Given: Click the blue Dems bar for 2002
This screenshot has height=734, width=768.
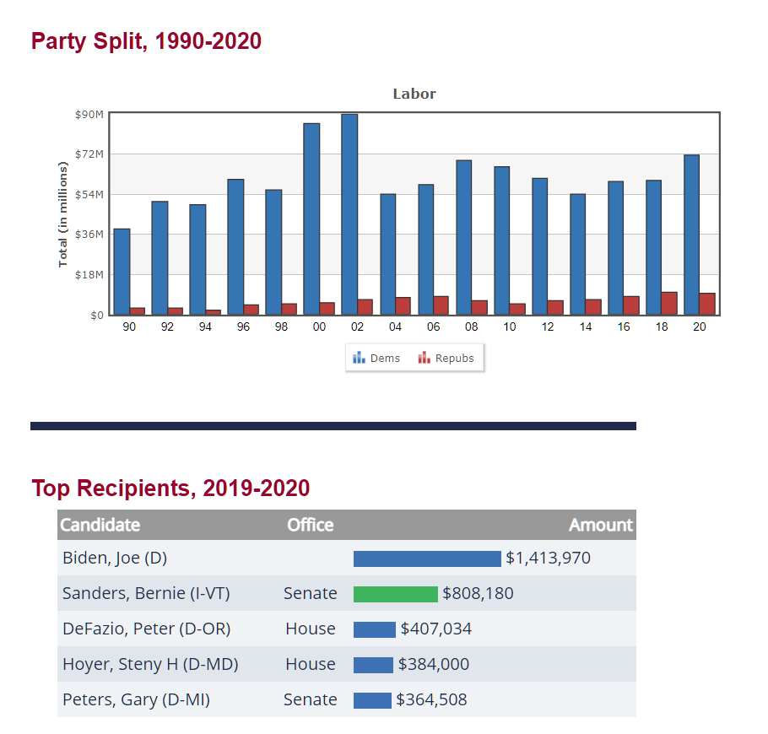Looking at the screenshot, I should pos(349,214).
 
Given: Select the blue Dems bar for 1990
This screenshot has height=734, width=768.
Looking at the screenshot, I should pos(122,272).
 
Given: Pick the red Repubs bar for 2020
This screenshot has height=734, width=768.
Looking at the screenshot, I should pos(707,304).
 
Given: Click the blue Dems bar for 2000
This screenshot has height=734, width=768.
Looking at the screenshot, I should pos(311,219).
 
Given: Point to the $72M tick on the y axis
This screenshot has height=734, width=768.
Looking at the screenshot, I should pos(89,154).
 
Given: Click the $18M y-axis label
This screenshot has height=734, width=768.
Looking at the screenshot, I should pos(89,275).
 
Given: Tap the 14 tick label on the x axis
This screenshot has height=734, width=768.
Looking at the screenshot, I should pos(586,327).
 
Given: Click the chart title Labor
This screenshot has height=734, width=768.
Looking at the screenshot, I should pos(414,94).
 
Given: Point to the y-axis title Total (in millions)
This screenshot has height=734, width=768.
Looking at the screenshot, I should pos(62,214).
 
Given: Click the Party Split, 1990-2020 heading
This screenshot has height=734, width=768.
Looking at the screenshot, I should pos(146,41).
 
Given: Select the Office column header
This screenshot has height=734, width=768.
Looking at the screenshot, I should pos(310,525).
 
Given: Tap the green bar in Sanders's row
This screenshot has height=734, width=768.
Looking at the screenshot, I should pos(396,594).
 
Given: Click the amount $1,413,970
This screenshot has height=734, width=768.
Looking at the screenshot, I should pos(548,559).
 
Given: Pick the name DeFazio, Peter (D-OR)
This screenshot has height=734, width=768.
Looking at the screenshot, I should pos(146,629).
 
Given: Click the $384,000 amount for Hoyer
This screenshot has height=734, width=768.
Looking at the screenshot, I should pos(433,665).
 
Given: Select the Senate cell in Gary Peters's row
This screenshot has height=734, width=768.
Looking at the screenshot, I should pos(310,700).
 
